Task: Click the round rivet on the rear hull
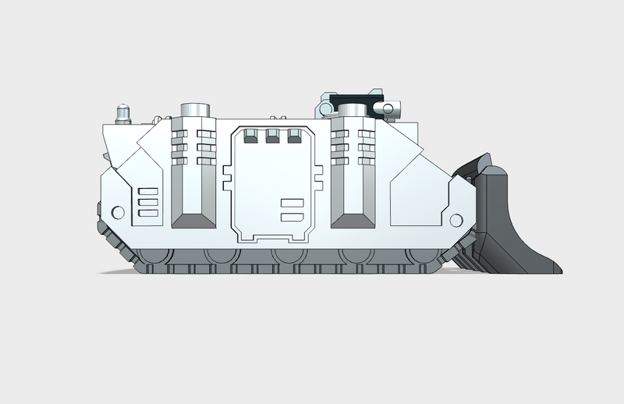pos(119,211)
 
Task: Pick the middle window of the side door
pos(272,137)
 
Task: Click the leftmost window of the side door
pos(250,137)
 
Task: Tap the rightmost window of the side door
pos(294,137)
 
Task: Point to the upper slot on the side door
pos(291,204)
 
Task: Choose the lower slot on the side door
pos(291,218)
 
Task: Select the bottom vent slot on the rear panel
pos(146,211)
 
